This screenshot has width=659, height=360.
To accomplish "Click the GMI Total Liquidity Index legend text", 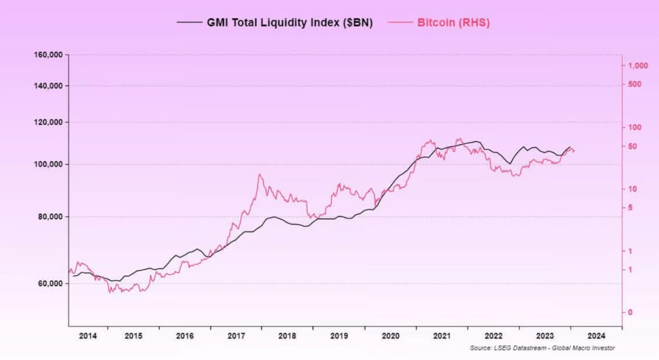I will (x=290, y=23).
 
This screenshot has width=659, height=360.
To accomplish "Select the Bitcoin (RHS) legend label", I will (x=453, y=23).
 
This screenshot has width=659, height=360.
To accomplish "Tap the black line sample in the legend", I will (x=189, y=23).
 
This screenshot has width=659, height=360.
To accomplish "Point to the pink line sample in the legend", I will (x=400, y=23).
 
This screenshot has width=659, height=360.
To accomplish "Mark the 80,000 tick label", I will (x=49, y=217).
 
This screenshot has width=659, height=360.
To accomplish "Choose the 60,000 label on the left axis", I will (x=49, y=284).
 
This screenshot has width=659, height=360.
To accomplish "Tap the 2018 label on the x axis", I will (x=287, y=337).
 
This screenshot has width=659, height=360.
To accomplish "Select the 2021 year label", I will (x=442, y=337).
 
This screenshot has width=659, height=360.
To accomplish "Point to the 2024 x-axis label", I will (x=596, y=337).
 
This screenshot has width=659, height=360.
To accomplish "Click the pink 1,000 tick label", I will (x=638, y=66).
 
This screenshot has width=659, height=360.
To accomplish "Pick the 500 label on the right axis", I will (x=633, y=85).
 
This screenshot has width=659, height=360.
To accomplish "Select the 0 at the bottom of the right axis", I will (x=630, y=313).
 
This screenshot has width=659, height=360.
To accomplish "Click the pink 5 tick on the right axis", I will (x=630, y=208).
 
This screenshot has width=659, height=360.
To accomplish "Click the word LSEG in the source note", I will (x=498, y=348).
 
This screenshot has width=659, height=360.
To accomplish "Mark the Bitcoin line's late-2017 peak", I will (x=260, y=175).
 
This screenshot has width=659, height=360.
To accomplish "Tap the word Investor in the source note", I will (x=603, y=348).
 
